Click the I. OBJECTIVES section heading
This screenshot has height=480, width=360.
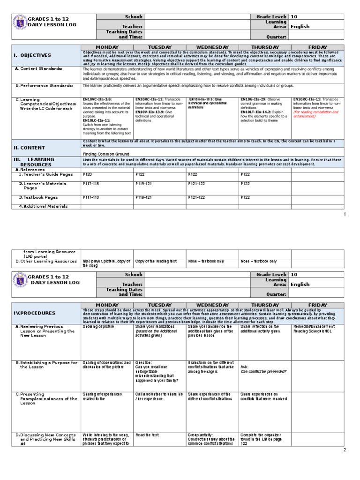click(32, 55)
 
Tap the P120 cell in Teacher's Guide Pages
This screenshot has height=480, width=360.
click(87, 174)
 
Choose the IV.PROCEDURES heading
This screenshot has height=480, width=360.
click(34, 313)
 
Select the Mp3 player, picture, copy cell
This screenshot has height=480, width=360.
click(105, 263)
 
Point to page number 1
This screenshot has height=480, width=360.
click(345, 214)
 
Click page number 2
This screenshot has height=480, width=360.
click(345, 450)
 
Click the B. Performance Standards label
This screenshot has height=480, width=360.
click(45, 86)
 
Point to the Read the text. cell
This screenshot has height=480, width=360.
click(148, 435)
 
